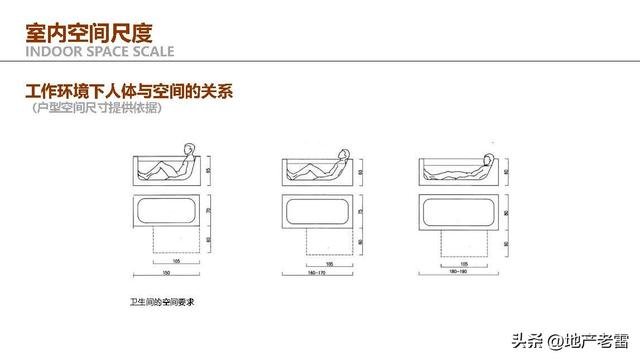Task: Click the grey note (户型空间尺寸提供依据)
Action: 95,110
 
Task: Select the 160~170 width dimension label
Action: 319,273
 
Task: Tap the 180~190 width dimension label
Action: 459,273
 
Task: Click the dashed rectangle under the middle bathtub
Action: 319,240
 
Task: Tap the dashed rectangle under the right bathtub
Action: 459,240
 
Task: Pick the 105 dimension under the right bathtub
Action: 459,263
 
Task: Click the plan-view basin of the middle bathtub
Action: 319,211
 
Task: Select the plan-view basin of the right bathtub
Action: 459,211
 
